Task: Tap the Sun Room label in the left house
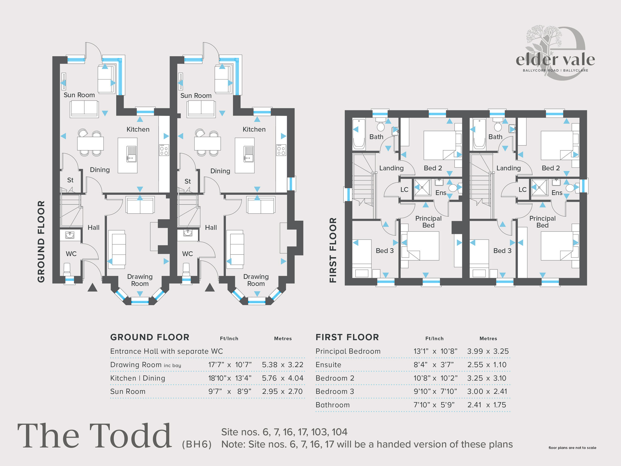79,95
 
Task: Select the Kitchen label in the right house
254,129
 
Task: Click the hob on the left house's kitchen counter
164,150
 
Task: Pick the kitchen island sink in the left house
131,154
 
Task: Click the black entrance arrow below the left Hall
93,288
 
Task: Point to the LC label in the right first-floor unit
523,190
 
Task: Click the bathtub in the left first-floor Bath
359,134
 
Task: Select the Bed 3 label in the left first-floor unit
384,251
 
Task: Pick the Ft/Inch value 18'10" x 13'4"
230,378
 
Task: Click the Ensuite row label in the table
328,365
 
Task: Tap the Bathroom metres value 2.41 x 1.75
487,405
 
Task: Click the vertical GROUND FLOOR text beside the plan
41,241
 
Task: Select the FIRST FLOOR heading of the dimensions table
347,337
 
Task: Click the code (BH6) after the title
197,444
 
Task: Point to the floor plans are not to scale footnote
572,448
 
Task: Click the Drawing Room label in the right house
256,280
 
